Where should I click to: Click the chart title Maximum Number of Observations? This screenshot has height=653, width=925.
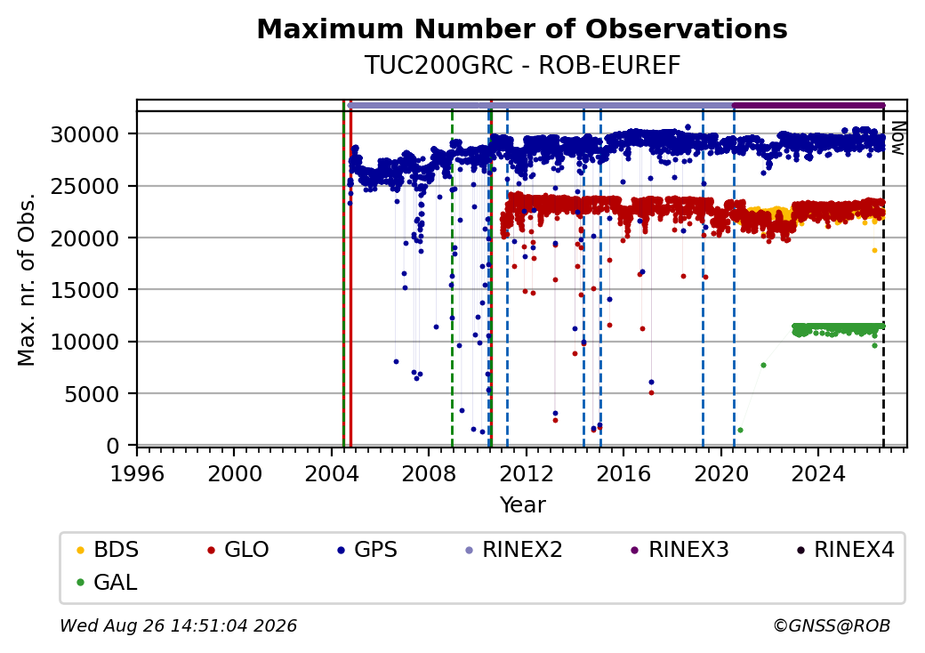[522, 28]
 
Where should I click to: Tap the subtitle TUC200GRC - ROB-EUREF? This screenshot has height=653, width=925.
[522, 66]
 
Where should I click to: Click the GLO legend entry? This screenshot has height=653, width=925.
[238, 550]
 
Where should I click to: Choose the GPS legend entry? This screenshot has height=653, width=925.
[367, 550]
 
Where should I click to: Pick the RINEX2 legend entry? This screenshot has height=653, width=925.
[514, 550]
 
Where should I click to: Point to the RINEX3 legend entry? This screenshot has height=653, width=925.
[680, 550]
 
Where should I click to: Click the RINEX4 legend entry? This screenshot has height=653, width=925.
[845, 550]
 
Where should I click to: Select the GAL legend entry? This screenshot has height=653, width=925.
[108, 582]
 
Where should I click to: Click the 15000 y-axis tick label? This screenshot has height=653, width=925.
[84, 290]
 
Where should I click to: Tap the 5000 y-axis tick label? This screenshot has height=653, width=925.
[92, 394]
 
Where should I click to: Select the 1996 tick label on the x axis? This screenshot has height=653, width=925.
[137, 473]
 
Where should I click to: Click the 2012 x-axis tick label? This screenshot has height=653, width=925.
[527, 473]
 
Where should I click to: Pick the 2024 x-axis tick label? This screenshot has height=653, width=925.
[818, 473]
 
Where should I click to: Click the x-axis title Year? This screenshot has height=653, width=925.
[522, 505]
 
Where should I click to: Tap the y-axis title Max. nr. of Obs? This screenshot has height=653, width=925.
[27, 279]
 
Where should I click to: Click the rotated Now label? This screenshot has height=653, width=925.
[897, 138]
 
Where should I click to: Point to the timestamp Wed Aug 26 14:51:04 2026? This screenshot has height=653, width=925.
[178, 625]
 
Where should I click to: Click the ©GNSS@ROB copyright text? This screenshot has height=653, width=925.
[832, 625]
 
